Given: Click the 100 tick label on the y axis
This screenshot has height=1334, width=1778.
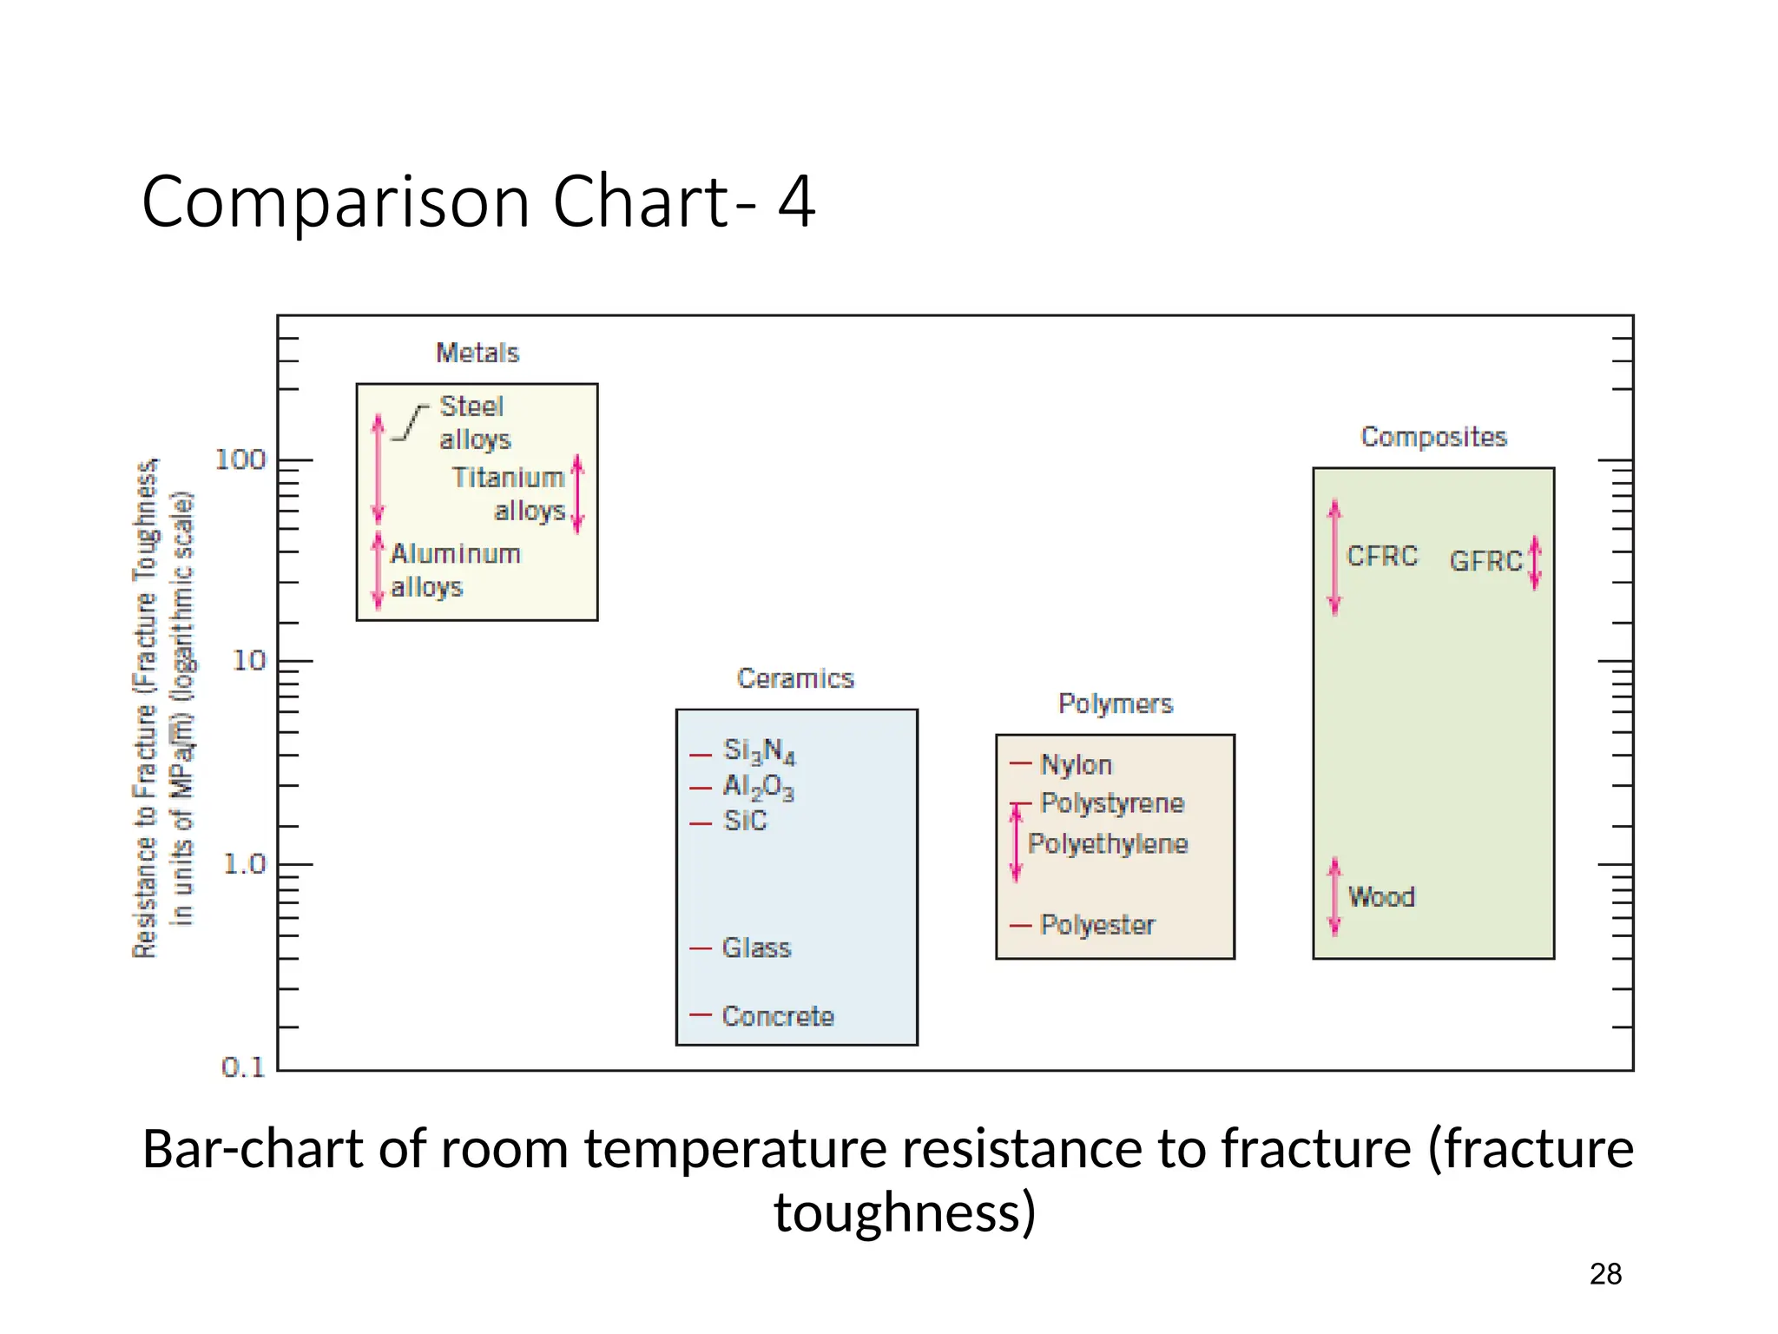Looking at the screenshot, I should coord(240,459).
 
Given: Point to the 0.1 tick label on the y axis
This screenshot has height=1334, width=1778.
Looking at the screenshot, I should coord(243,1067).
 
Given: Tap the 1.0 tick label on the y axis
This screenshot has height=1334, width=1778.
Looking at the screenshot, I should coord(245,864).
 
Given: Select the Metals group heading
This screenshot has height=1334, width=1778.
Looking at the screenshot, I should coord(477,353).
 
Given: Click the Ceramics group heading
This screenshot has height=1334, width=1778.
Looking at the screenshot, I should coord(795,678).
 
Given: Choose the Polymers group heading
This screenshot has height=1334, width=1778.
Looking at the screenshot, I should coord(1116,703).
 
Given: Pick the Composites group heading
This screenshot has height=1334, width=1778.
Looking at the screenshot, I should coord(1433,437).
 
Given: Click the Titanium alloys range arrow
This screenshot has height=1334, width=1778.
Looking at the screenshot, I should coord(578,493).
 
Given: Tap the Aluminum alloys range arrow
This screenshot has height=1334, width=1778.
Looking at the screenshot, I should coord(378,570).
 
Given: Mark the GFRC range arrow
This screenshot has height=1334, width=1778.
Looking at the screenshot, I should coord(1535,562).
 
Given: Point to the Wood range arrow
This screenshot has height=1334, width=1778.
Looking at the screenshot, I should coord(1335,896).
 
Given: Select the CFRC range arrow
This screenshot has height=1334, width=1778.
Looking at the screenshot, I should coord(1335,557).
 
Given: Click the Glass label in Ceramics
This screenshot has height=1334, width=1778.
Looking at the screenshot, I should coord(757,948).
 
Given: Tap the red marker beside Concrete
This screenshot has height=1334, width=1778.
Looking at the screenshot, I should coord(701,1014).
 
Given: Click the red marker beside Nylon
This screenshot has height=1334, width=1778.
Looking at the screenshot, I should coord(1020,764).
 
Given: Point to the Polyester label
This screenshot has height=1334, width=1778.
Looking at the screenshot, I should coord(1098,925).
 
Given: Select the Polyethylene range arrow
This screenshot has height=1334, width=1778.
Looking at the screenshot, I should coord(1017,842).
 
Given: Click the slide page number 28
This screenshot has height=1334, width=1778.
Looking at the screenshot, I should coord(1605,1274).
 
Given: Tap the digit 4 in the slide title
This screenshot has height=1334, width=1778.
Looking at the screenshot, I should coord(796,201).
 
